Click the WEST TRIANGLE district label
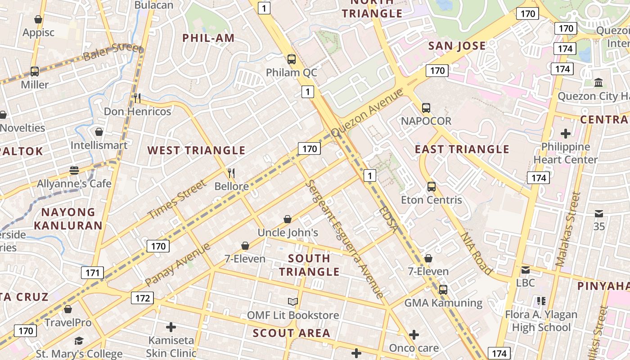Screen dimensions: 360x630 [197, 150]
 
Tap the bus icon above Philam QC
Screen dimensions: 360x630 [292, 59]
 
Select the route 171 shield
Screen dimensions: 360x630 [92, 272]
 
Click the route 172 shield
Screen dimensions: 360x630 [142, 298]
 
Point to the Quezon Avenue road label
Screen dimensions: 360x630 [368, 112]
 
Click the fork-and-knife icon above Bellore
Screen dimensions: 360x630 [231, 173]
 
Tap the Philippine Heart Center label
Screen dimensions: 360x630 [565, 153]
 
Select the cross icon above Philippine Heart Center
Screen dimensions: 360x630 [566, 134]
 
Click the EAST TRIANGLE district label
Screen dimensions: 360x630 [462, 149]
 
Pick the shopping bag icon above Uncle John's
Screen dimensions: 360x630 [288, 219]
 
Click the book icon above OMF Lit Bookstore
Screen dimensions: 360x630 [293, 301]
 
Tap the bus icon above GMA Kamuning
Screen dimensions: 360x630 [443, 289]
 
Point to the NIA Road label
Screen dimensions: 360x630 [476, 253]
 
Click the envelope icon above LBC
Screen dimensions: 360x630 [525, 270]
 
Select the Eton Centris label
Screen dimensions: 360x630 [431, 200]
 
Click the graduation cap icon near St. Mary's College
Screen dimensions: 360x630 [79, 341]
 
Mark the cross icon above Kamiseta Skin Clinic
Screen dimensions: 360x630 [171, 327]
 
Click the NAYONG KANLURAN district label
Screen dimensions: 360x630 [68, 218]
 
